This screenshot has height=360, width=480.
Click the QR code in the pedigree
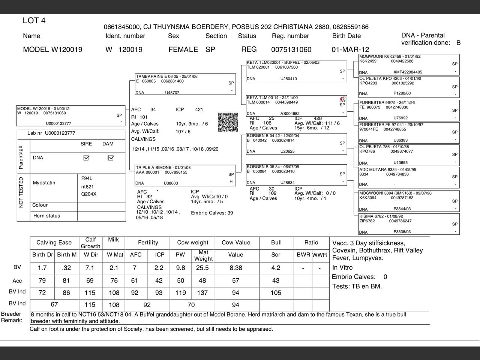click(228, 122)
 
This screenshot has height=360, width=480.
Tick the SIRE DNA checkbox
click(86, 158)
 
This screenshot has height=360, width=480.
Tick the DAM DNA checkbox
click(110, 158)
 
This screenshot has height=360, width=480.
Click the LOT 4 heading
click(34, 21)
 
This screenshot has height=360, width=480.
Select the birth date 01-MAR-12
click(350, 49)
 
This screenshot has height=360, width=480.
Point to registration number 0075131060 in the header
click(291, 49)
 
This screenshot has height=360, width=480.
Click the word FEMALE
click(183, 49)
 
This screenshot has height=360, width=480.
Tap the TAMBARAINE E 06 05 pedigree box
click(185, 84)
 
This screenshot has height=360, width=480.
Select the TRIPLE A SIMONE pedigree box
click(185, 175)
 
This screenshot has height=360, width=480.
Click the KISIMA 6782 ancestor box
click(409, 224)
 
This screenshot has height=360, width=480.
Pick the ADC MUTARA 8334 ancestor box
click(409, 177)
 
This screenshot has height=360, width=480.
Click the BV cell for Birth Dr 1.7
click(42, 268)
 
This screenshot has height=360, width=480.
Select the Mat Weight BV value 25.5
click(202, 268)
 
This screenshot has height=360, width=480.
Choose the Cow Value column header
click(236, 243)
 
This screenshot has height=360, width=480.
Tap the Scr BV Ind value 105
click(276, 293)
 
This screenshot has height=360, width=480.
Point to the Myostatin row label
click(44, 183)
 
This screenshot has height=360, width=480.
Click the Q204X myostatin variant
click(89, 194)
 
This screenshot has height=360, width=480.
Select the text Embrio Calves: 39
click(212, 213)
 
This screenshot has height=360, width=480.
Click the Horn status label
click(46, 216)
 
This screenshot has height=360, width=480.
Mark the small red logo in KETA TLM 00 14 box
click(342, 99)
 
